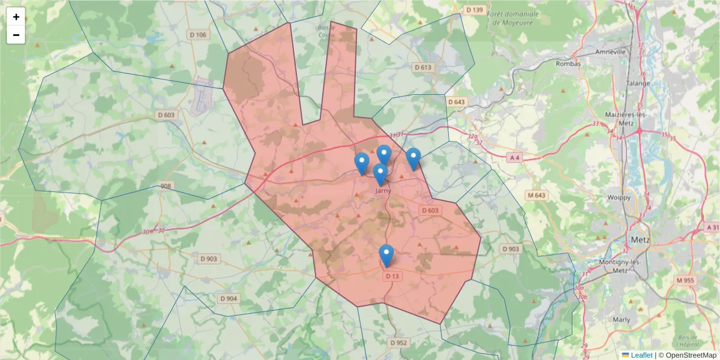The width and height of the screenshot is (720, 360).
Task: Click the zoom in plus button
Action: pyautogui.click(x=16, y=17)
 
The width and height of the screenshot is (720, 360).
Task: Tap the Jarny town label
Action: pyautogui.click(x=382, y=191)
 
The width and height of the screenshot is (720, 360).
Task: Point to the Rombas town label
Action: pyautogui.click(x=569, y=64)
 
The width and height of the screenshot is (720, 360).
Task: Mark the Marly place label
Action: pyautogui.click(x=622, y=320)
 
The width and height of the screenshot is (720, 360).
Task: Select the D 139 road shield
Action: pyautogui.click(x=475, y=10)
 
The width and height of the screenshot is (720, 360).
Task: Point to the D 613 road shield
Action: pyautogui.click(x=423, y=67)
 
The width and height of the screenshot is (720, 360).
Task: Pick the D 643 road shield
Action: pyautogui.click(x=457, y=102)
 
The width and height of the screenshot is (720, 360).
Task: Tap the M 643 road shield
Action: pyautogui.click(x=536, y=195)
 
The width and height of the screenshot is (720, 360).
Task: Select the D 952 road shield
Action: pyautogui.click(x=398, y=343)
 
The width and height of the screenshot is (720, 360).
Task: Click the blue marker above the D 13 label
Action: pyautogui.click(x=387, y=255)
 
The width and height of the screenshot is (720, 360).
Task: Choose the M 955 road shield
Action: pyautogui.click(x=685, y=280)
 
